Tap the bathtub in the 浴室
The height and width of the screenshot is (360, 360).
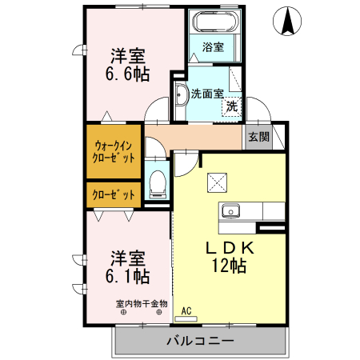(213, 20)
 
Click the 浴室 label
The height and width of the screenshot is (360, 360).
(212, 47)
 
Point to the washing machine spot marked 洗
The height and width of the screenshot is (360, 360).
(231, 106)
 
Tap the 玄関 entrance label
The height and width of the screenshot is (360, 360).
(258, 136)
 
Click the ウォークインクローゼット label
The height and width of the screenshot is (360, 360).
(114, 152)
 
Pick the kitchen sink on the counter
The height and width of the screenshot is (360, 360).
(232, 211)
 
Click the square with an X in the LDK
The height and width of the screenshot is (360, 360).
(216, 183)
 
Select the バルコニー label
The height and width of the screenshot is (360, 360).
(200, 341)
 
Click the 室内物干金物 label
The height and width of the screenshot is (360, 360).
(142, 303)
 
